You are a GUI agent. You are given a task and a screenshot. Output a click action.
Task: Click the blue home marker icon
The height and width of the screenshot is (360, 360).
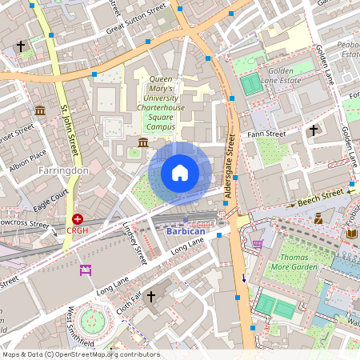(180, 173)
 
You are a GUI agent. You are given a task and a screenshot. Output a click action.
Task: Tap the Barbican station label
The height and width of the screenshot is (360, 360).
(186, 231)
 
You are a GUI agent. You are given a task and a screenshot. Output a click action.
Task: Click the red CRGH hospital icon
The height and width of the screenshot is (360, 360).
(78, 218)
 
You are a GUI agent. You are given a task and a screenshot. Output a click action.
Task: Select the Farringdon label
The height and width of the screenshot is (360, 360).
(63, 170)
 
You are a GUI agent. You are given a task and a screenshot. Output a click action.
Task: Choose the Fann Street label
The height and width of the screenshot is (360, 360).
(266, 134)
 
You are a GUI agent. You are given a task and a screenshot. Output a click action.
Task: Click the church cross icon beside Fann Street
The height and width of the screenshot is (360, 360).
(314, 130)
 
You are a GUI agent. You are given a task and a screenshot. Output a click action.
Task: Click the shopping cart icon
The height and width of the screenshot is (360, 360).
(258, 243)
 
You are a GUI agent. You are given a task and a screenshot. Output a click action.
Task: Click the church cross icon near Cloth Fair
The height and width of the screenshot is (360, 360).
(150, 297)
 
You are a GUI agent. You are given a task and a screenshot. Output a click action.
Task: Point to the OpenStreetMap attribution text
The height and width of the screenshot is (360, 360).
(81, 354)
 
